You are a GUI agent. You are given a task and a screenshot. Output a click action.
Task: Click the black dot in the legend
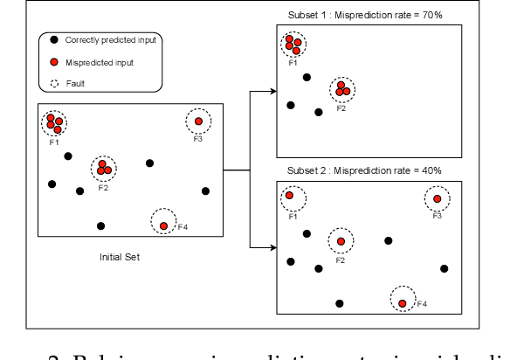[54, 40]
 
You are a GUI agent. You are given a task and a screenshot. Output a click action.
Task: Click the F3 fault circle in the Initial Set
[198, 121]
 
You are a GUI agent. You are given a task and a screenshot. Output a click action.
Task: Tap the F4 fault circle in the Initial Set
[163, 225]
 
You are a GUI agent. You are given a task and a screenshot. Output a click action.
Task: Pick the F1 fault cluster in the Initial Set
[54, 122]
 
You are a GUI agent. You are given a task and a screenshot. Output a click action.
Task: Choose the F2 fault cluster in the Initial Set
[103, 166]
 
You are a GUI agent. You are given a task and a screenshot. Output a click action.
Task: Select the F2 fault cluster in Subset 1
[342, 88]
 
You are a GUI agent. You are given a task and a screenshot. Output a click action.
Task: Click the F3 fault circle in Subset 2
[437, 200]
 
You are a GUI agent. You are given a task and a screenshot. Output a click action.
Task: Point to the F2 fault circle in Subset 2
[341, 241]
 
